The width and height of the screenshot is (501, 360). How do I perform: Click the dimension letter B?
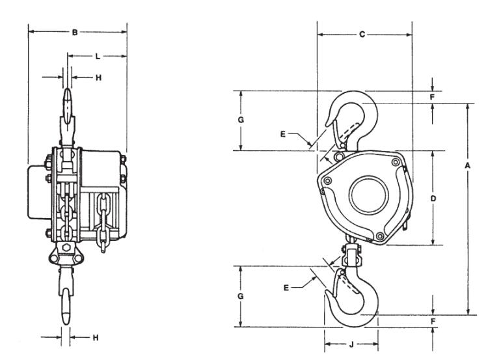[75, 31]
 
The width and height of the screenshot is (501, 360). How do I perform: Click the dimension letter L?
[97, 57]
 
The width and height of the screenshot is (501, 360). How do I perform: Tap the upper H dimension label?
[98, 77]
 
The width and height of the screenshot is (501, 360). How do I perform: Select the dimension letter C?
[362, 34]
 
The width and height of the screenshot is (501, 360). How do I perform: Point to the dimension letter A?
[467, 166]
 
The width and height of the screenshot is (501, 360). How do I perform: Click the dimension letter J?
[351, 343]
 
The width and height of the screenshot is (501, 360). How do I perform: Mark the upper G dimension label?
[241, 120]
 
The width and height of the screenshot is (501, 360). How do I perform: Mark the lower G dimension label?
[241, 296]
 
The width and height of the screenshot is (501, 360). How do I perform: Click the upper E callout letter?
[282, 134]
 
